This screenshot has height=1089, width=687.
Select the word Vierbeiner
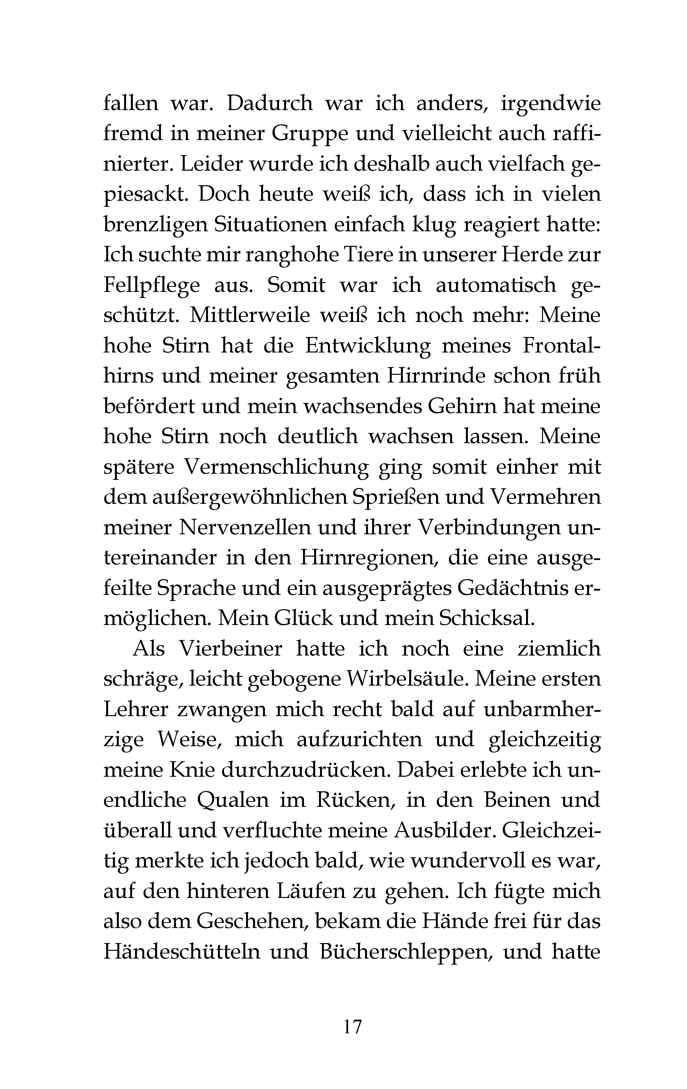(x=231, y=649)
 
